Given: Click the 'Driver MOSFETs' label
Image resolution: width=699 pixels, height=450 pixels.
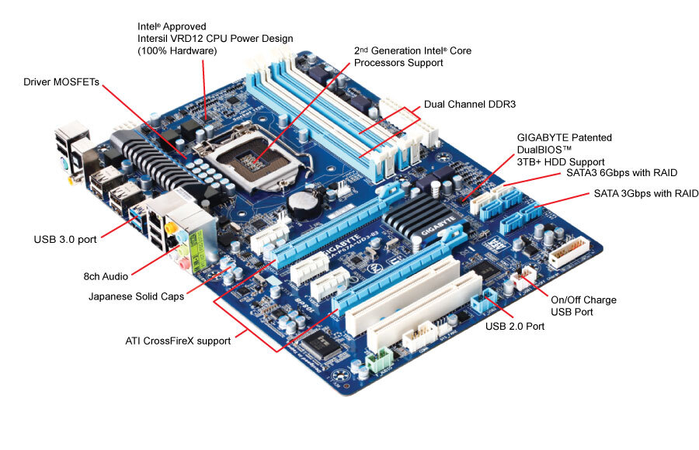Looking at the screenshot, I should (x=61, y=81).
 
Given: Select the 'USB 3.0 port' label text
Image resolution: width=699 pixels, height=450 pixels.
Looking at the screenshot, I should (x=65, y=239).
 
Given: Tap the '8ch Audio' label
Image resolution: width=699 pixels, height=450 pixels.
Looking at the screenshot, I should (x=106, y=275).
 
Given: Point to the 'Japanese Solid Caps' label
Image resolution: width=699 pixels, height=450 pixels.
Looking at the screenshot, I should (x=137, y=296).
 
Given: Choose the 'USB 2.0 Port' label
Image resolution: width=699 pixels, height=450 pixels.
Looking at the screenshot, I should (x=515, y=327).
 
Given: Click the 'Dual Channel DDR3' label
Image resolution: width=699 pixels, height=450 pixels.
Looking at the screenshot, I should (x=470, y=104).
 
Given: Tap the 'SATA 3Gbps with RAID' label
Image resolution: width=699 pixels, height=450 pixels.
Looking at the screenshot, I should (x=645, y=193).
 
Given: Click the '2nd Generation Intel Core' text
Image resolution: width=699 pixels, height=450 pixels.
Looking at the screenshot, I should (x=412, y=51).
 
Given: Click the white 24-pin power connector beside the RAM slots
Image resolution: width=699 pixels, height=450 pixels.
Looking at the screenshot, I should (x=426, y=132).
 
